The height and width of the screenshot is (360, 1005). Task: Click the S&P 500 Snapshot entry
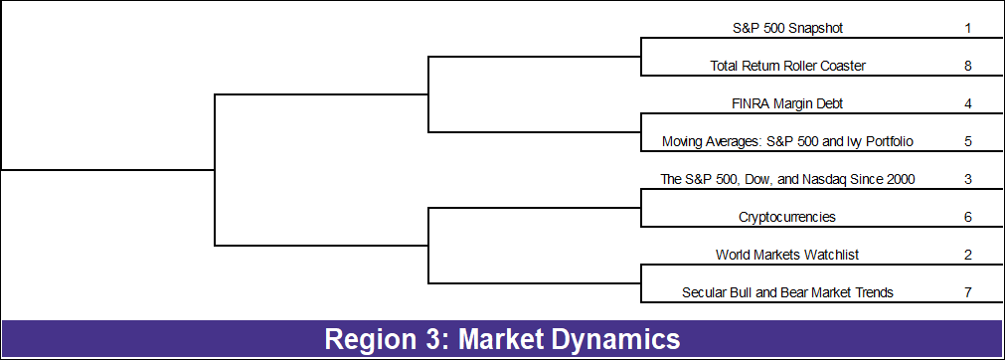(x=787, y=28)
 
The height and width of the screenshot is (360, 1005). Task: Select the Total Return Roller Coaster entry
(x=787, y=66)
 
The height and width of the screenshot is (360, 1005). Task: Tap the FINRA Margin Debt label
(x=787, y=103)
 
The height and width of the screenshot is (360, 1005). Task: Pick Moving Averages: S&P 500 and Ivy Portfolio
(x=787, y=141)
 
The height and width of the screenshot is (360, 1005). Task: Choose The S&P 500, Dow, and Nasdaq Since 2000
(x=787, y=179)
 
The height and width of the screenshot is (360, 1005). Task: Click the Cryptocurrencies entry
(x=787, y=217)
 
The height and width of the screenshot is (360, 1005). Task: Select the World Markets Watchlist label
(x=787, y=255)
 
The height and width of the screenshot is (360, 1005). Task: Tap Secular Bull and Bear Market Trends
(x=787, y=292)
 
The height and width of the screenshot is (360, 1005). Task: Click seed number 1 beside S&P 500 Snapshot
(x=967, y=28)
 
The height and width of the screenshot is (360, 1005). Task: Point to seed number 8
(x=967, y=66)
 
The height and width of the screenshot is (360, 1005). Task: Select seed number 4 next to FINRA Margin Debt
(x=967, y=103)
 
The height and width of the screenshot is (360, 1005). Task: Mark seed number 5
(x=967, y=141)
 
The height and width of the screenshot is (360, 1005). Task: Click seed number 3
(x=967, y=179)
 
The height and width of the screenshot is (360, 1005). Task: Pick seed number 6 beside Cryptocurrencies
(x=967, y=217)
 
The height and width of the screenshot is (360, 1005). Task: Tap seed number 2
(x=967, y=255)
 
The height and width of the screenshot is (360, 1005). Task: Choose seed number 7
(x=967, y=292)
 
